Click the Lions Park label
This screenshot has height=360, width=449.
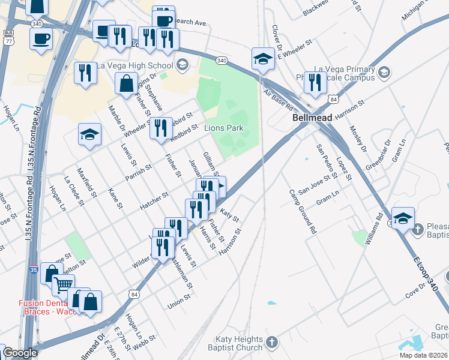coord(224,128)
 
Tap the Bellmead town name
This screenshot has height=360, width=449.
coord(312,118)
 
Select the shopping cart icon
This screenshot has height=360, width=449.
coord(63,284)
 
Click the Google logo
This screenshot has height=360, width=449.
coord(20,353)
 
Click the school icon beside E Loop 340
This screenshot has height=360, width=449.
coord(403,217)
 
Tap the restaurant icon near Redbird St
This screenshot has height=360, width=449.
coord(160,128)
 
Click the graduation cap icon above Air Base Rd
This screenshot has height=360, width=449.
coord(263,59)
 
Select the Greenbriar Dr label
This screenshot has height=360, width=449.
coord(379,152)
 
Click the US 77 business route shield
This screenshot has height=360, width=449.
coord(8,37)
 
